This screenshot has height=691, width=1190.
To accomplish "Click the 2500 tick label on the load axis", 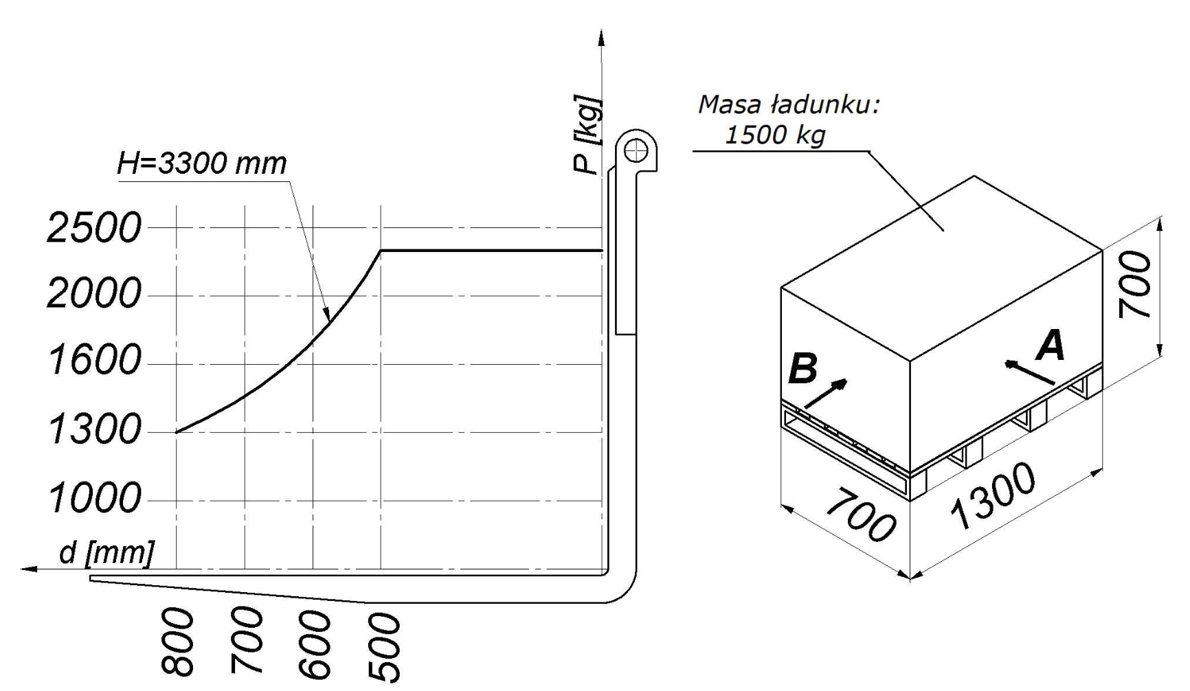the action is [94, 228].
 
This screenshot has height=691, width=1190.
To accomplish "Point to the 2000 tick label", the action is [94, 295].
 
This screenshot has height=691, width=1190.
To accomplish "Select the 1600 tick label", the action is [94, 361].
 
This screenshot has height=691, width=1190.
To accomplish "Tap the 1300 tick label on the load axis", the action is [94, 431].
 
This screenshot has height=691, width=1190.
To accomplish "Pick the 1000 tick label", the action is [94, 498].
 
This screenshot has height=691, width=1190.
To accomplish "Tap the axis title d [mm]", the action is [106, 552].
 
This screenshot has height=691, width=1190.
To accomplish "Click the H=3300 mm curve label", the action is [201, 163].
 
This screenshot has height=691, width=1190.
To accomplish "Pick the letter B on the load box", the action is [803, 368].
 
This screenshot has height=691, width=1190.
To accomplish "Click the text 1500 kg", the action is [775, 135].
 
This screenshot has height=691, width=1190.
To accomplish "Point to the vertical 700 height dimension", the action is [1134, 284].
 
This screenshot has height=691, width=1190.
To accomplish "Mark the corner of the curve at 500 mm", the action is [381, 250].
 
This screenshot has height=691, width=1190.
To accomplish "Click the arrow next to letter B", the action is [826, 394].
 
